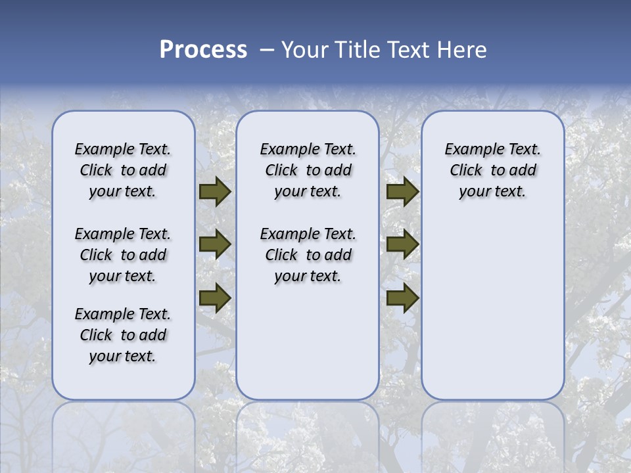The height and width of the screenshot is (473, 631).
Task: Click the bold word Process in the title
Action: click(x=203, y=50)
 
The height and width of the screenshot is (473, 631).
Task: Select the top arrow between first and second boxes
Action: click(x=215, y=192)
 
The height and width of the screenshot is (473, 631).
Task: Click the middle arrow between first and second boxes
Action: click(x=215, y=245)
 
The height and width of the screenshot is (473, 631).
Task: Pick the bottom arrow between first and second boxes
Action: click(x=215, y=298)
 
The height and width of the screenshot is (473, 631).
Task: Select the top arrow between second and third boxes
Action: click(x=402, y=192)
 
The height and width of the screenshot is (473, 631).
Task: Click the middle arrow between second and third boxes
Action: click(x=402, y=245)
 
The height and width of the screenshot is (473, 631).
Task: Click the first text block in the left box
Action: click(x=123, y=170)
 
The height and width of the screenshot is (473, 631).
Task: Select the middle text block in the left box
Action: click(x=123, y=255)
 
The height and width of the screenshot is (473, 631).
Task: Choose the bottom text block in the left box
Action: click(x=123, y=335)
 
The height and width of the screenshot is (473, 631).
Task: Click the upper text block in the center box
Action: click(x=308, y=170)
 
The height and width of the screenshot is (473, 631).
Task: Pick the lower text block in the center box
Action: click(x=308, y=255)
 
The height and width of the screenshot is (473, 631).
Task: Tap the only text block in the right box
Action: click(x=493, y=170)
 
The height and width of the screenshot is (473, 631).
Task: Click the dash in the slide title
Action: click(x=267, y=51)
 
